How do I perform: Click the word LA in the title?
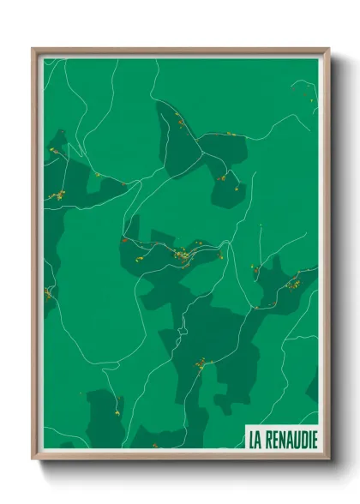coord(255,440)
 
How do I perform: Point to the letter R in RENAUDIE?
coord(269,440)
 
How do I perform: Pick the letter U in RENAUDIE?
coord(294,440)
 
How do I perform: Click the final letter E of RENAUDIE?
coord(314,440)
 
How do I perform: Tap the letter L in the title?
coord(252,440)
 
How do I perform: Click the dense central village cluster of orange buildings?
coord(183,255)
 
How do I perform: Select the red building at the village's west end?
coord(125,242)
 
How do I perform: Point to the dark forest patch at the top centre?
coord(180,141)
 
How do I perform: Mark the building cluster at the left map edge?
coord(57,195)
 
